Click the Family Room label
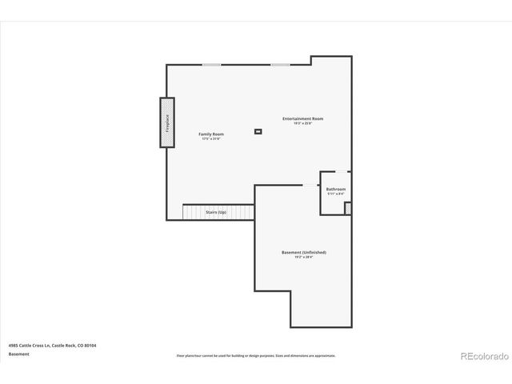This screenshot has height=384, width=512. click(211, 134)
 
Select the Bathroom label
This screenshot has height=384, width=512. click(336, 189)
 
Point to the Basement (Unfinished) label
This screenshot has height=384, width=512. click(303, 252)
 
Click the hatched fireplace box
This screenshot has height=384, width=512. click(167, 122)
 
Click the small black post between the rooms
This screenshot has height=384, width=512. click(258, 131)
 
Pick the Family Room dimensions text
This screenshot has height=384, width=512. click(211, 138)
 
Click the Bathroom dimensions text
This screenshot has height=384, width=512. click(336, 194)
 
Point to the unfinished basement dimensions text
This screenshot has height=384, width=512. click(303, 257)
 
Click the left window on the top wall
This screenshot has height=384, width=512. click(211, 65)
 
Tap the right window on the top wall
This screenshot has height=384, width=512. click(280, 65)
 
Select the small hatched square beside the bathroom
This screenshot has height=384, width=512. click(348, 208)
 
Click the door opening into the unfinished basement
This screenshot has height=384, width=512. click(310, 186)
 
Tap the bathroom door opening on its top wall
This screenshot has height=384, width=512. click(341, 171)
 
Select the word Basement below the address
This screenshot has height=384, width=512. click(19, 354)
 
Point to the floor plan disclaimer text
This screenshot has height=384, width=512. click(256, 355)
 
